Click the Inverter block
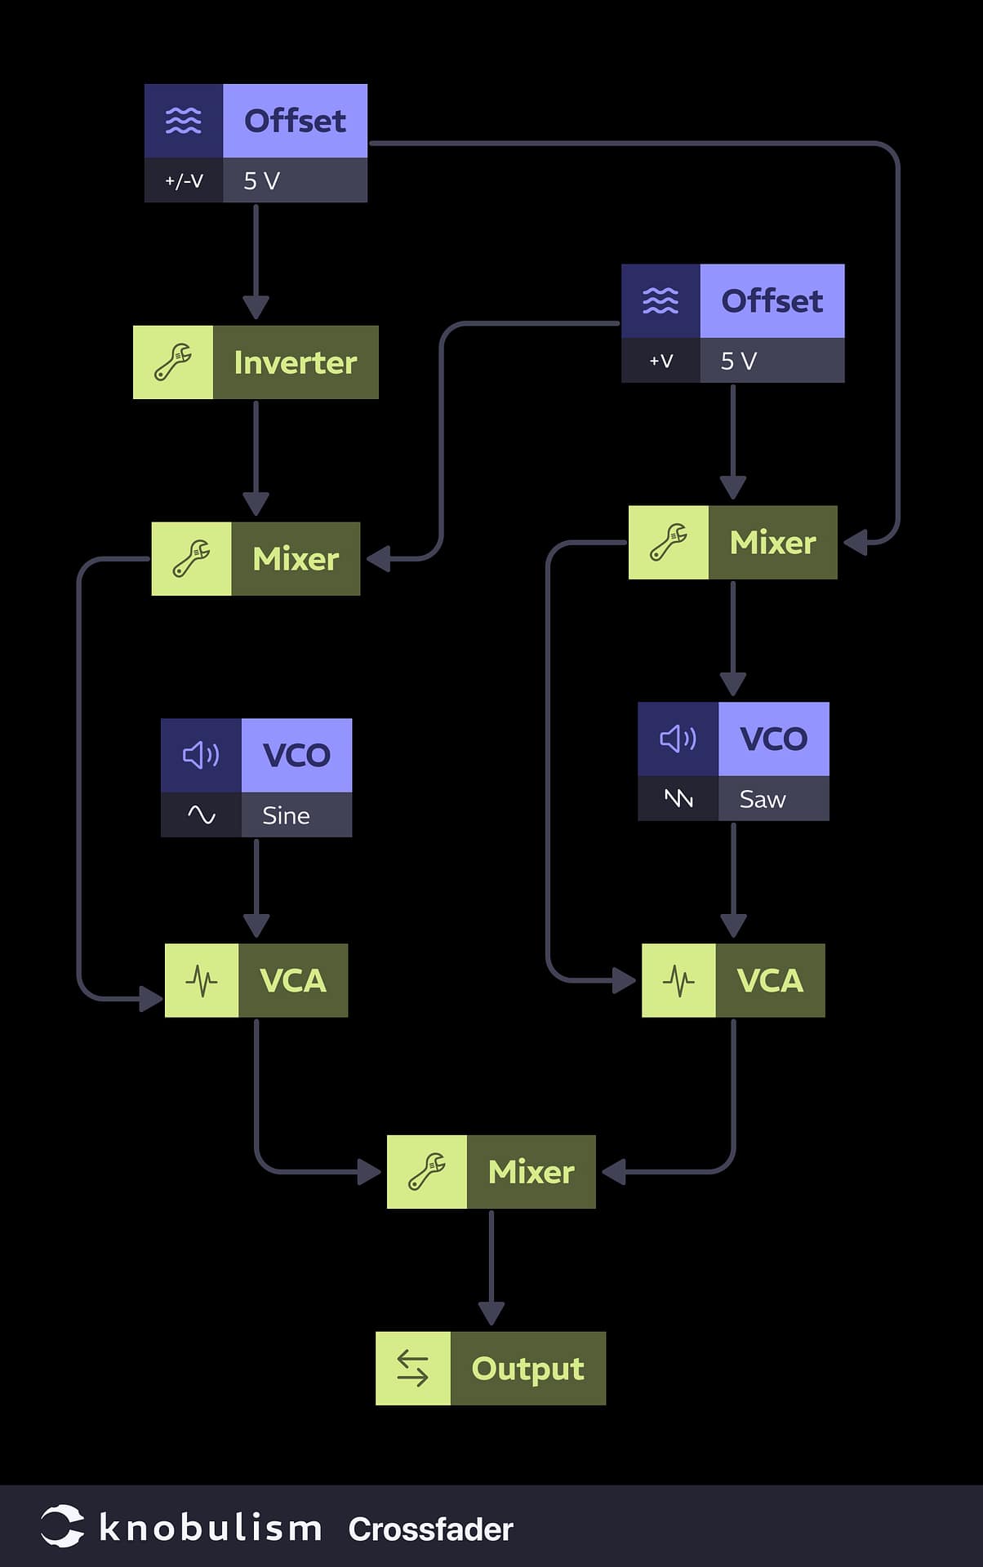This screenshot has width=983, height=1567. click(x=256, y=362)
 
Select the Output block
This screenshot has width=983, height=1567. click(x=491, y=1369)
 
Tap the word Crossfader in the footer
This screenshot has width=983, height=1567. click(x=430, y=1529)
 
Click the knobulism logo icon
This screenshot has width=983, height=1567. click(x=63, y=1526)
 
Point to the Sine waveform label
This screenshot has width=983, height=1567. click(x=286, y=815)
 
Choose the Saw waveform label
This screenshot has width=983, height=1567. click(x=763, y=799)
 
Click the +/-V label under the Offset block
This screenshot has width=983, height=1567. click(x=184, y=180)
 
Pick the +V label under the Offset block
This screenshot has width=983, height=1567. click(x=661, y=361)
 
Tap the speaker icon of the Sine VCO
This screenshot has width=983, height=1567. click(x=201, y=755)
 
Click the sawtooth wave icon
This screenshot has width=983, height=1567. click(x=678, y=798)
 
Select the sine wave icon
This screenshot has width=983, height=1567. click(x=202, y=815)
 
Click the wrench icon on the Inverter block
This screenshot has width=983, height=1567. click(x=173, y=362)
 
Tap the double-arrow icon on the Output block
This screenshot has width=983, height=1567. click(x=412, y=1369)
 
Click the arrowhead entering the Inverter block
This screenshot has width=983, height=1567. click(x=256, y=308)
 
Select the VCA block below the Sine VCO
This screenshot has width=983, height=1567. click(x=256, y=980)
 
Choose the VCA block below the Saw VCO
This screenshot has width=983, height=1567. click(x=733, y=980)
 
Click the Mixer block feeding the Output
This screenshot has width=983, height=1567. click(x=491, y=1172)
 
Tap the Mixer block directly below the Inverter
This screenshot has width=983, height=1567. click(x=256, y=559)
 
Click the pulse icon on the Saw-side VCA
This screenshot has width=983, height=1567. click(x=678, y=980)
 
